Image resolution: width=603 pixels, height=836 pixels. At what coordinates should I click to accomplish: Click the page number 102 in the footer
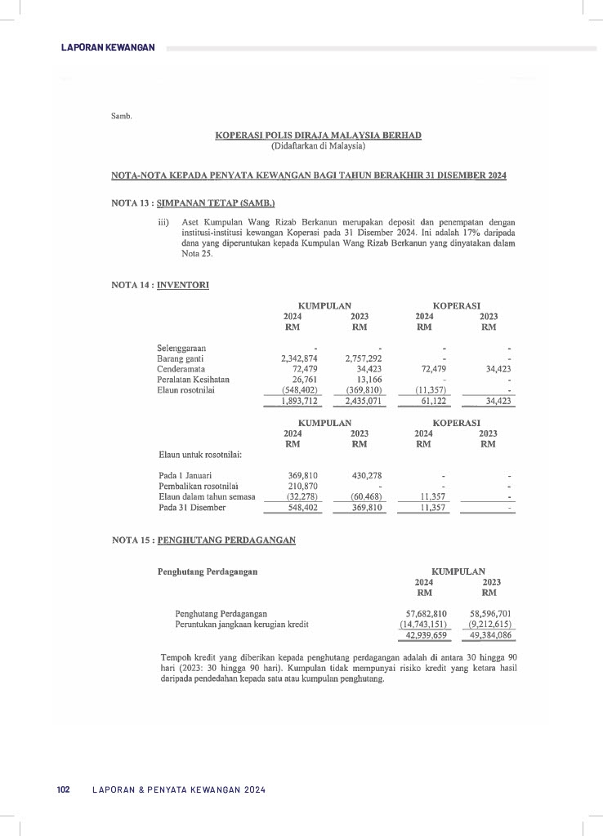coord(63,789)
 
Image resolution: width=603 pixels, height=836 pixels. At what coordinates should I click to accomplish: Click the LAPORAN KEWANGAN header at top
coord(108,48)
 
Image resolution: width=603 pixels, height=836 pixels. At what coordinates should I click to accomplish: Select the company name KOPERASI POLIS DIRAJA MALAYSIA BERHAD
coord(318,135)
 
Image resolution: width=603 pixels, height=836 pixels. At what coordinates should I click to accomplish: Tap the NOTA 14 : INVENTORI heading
coord(159,285)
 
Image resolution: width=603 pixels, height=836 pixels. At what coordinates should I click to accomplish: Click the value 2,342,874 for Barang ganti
coord(299,358)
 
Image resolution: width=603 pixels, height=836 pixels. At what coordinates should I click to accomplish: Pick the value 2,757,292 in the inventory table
coord(364,358)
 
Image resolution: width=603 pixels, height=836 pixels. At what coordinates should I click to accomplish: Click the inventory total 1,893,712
coord(299,401)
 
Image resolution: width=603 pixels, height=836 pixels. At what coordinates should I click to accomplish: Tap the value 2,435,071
coord(364,401)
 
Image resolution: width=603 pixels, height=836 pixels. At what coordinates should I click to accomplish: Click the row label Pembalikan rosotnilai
coord(197,486)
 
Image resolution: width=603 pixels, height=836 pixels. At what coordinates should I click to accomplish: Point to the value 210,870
coord(303,486)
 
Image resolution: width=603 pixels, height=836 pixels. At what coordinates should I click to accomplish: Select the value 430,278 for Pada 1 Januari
coord(366,475)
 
